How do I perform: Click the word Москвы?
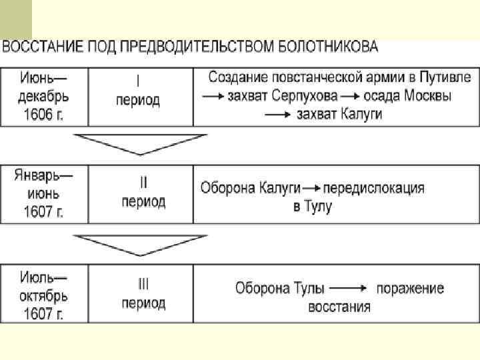[427, 96]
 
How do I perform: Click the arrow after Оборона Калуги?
[311, 189]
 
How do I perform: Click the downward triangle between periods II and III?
[140, 245]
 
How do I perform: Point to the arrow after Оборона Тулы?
[349, 289]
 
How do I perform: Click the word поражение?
[410, 289]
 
